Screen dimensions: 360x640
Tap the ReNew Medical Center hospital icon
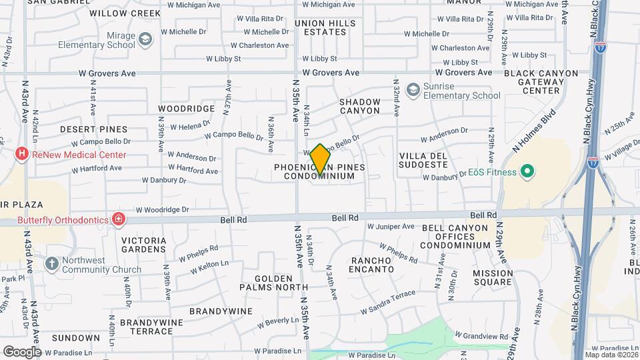pyautogui.click(x=22, y=155)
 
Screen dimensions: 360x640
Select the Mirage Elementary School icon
pyautogui.click(x=145, y=41)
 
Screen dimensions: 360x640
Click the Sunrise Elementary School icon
pyautogui.click(x=413, y=89)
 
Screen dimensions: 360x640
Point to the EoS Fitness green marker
pyautogui.click(x=528, y=173)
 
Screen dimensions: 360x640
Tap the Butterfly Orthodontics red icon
pyautogui.click(x=119, y=218)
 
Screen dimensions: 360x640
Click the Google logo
pyautogui.click(x=22, y=351)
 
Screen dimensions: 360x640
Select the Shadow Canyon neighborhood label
pyautogui.click(x=359, y=106)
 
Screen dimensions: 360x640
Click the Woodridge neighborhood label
pyautogui.click(x=186, y=108)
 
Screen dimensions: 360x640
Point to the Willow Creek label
pyautogui.click(x=125, y=13)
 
